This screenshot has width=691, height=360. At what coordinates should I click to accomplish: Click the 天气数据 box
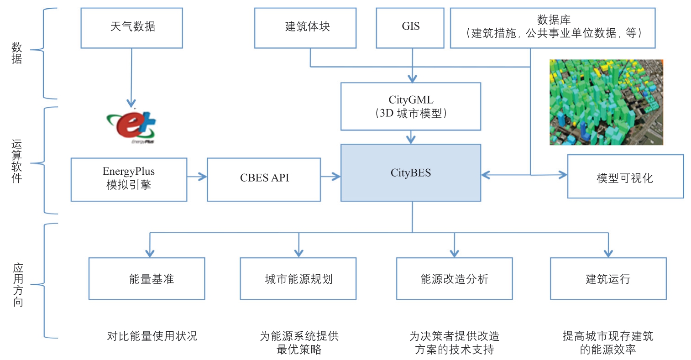tap(131, 28)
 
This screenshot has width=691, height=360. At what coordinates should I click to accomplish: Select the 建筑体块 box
tap(305, 28)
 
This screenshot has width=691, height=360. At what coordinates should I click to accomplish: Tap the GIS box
tap(410, 28)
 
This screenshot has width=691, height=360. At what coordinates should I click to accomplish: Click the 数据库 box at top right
tap(552, 28)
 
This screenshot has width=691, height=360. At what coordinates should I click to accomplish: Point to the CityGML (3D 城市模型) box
tap(410, 106)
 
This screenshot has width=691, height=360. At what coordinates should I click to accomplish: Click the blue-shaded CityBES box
tap(410, 173)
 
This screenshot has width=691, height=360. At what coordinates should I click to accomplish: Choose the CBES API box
tap(264, 179)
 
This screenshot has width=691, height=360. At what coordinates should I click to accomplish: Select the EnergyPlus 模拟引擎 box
tap(129, 179)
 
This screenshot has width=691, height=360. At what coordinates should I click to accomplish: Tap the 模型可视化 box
tap(625, 177)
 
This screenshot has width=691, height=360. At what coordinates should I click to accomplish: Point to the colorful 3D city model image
tap(606, 102)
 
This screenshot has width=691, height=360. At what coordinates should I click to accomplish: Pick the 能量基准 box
tap(147, 278)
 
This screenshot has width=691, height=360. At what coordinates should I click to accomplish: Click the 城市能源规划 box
tap(298, 278)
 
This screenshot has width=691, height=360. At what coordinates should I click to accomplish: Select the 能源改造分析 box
tap(454, 278)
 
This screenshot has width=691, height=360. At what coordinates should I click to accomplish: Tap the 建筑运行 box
tap(608, 278)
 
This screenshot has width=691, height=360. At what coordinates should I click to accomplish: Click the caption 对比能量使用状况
tap(152, 336)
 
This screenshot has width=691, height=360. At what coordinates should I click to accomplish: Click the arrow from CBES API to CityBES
tap(330, 177)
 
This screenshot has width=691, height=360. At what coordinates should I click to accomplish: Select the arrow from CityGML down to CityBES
tap(411, 137)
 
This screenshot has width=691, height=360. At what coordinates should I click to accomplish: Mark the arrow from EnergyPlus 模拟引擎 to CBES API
tap(197, 177)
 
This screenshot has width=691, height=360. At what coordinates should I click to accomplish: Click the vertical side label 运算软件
tap(17, 161)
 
